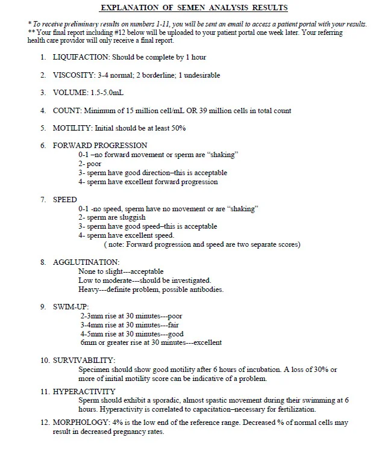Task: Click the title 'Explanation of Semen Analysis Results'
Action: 193,7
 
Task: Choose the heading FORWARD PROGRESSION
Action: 99,145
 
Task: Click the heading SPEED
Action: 64,199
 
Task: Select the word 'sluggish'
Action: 128,217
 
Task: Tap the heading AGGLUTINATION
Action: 86,262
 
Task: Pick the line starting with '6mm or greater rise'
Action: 151,343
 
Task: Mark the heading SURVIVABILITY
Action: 84,360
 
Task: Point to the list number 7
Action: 43,199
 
